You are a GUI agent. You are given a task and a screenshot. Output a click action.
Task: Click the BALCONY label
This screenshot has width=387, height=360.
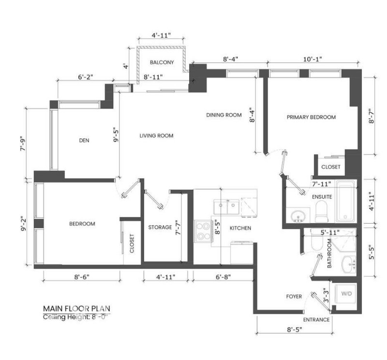tap(162, 62)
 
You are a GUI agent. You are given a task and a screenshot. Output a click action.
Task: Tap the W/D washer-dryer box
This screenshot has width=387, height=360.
tap(346, 294)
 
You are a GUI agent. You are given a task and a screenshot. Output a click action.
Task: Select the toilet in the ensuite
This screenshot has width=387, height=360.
tap(322, 211)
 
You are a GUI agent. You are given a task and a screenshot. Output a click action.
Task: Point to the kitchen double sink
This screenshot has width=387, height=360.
tap(226, 207)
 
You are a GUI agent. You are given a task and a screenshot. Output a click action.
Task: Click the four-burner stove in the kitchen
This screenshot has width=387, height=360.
tap(203, 231)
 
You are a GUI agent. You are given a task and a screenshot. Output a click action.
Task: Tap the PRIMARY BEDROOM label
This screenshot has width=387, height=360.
tap(311, 117)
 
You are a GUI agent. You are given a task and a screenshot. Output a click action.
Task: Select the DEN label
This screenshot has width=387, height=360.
tap(84, 140)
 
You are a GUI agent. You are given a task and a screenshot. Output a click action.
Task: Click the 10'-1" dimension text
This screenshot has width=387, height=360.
tap(313, 60)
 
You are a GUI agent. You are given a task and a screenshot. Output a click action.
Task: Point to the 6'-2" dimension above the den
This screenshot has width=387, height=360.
tap(86, 77)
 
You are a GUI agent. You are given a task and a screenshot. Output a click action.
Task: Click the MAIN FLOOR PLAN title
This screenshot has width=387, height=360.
tap(76, 309)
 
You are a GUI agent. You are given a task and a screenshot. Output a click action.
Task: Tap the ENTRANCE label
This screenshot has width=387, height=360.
tap(316, 320)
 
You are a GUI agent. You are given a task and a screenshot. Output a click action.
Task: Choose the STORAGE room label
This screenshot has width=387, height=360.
tap(160, 227)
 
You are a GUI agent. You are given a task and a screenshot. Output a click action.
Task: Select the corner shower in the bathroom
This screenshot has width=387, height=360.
tap(343, 239)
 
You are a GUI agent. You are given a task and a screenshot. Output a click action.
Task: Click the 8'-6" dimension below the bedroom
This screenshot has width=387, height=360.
tap(82, 277)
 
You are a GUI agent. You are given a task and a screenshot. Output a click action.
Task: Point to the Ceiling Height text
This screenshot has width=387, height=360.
tap(75, 317)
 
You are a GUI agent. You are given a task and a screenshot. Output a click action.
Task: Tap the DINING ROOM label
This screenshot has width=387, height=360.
tap(224, 115)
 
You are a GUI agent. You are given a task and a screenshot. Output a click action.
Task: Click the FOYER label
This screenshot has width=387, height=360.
tap(294, 296)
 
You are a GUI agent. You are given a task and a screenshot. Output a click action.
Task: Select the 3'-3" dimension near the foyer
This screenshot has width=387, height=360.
tap(326, 295)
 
